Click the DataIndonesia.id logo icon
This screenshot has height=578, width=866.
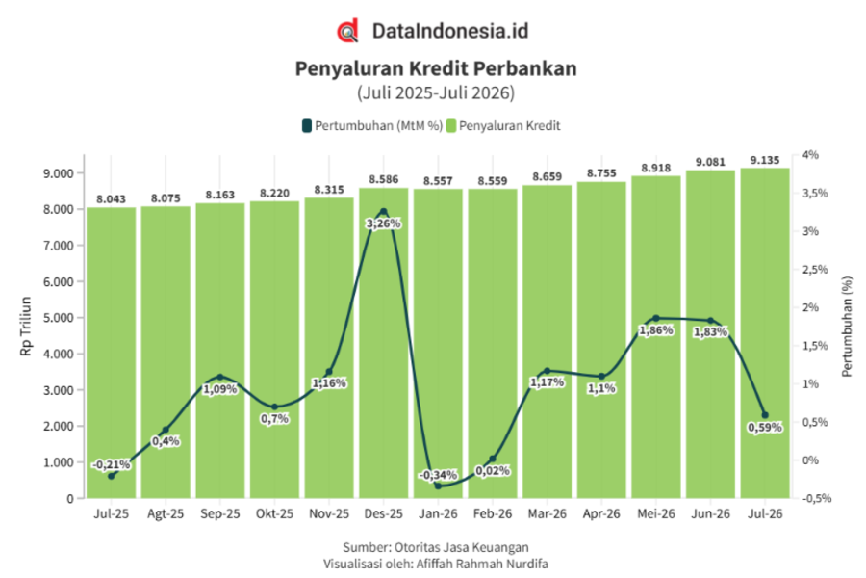coord(348,31)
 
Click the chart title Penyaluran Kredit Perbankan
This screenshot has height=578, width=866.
coord(436,68)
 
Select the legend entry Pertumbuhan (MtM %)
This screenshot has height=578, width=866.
coord(372,126)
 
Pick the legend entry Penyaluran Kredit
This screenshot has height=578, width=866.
coord(503,126)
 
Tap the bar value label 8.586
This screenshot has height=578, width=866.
coord(383,179)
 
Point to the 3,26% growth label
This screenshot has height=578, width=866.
coord(383,224)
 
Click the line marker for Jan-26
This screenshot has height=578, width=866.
coord(438,486)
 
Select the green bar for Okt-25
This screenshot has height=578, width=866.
coord(274,350)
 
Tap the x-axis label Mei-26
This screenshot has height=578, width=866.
coord(656,513)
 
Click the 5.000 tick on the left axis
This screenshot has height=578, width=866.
coord(58,318)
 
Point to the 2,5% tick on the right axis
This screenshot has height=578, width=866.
coord(815,270)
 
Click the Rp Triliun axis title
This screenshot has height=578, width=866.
coord(25,327)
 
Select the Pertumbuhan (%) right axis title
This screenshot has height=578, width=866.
coord(847,327)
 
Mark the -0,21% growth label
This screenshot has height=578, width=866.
coord(111,464)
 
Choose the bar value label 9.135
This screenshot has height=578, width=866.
coord(765,161)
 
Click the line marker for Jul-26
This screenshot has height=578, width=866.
coord(765,415)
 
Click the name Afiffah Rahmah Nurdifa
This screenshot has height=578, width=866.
coord(482,565)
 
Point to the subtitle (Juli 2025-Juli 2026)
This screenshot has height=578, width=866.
coord(436,92)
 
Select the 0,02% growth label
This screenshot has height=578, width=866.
coord(493,471)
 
